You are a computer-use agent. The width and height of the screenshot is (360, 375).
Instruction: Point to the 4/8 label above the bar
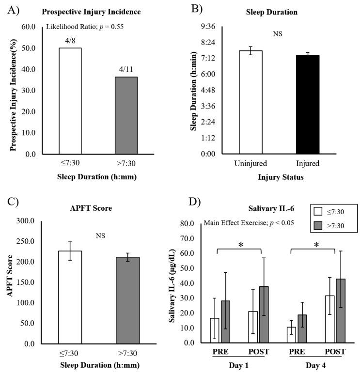pyautogui.click(x=70, y=42)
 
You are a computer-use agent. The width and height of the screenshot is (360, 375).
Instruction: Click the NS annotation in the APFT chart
pyautogui.click(x=100, y=236)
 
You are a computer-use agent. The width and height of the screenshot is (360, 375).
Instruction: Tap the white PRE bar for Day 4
pyautogui.click(x=291, y=335)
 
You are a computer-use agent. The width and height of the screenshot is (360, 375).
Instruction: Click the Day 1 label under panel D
pyautogui.click(x=238, y=364)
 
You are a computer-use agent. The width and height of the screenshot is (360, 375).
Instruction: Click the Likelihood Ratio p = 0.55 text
pyautogui.click(x=85, y=27)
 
